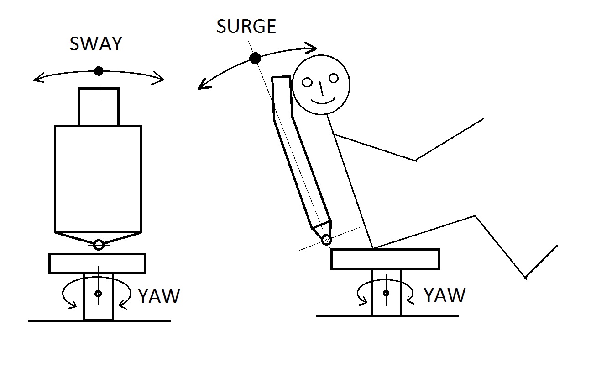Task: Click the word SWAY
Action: [x=96, y=44]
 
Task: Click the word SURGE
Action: [x=246, y=27]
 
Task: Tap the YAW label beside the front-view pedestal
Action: [x=159, y=296]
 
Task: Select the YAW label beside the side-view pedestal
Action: [x=445, y=295]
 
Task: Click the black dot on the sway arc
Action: [x=98, y=71]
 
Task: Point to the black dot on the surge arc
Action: [x=255, y=58]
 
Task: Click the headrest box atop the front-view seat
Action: [x=99, y=107]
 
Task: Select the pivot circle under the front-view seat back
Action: [x=99, y=245]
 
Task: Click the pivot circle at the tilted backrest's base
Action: [x=326, y=240]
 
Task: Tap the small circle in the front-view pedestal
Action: [x=99, y=293]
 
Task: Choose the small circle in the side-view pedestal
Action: [x=386, y=293]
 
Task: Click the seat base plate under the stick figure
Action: [x=385, y=259]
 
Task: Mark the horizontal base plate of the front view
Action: [x=97, y=263]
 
